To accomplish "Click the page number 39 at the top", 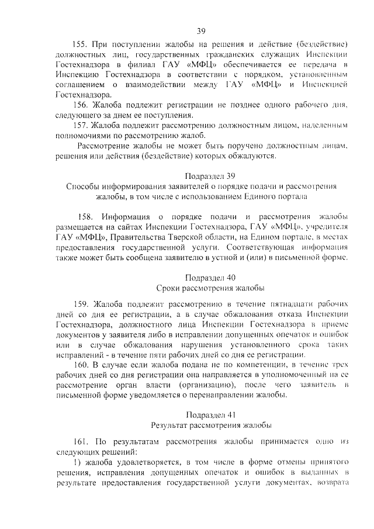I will [x=200, y=31].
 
